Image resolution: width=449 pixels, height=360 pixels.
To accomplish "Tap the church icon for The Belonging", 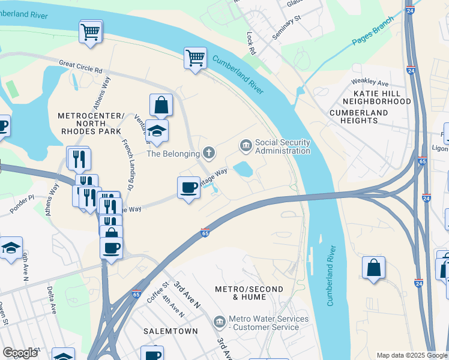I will (209, 153).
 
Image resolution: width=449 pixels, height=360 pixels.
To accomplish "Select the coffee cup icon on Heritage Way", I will (189, 188).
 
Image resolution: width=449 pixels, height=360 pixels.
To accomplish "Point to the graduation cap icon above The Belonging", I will (157, 131).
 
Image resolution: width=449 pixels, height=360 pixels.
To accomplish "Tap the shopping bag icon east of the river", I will (373, 268).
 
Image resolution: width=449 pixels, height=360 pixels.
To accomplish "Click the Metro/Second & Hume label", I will (249, 293).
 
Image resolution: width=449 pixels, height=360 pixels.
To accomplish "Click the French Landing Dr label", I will (128, 161).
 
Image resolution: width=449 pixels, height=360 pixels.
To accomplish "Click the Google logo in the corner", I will (20, 353).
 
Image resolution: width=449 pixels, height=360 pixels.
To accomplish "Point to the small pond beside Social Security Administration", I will (243, 169).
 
